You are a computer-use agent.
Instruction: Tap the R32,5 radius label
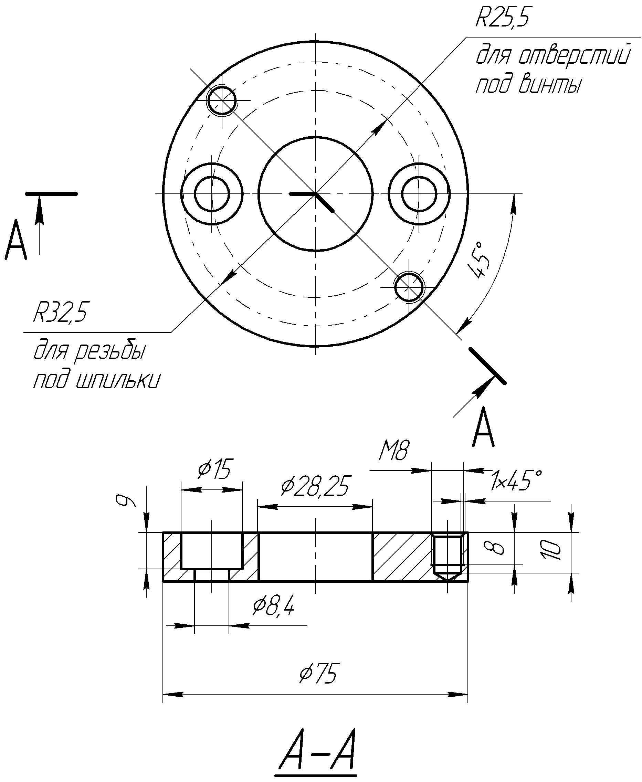pyautogui.click(x=61, y=313)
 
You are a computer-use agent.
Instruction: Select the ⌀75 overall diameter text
pyautogui.click(x=318, y=673)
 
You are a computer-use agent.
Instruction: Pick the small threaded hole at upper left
pyautogui.click(x=222, y=100)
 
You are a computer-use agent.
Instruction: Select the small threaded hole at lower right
pyautogui.click(x=409, y=286)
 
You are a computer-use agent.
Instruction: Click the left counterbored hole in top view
pyautogui.click(x=212, y=194)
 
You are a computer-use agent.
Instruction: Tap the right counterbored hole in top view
pyautogui.click(x=419, y=194)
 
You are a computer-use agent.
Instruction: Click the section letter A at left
pyautogui.click(x=16, y=240)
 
